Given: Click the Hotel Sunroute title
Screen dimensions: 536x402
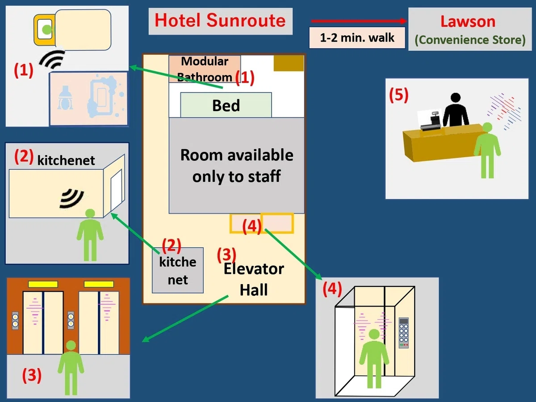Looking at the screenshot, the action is point(220,21).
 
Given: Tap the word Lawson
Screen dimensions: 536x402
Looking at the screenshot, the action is point(468,21).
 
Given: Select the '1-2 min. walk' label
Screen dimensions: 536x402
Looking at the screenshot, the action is point(357,38).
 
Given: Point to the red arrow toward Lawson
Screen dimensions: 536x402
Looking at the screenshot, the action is point(359,21).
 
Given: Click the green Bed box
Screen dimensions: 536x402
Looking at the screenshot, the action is point(226,105).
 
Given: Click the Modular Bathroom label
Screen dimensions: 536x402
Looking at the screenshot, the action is point(205,69).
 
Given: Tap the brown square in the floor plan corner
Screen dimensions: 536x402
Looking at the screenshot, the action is point(289,63).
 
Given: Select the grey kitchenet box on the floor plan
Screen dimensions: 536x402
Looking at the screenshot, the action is point(178,270).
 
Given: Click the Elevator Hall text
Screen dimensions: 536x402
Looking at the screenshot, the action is point(254,279).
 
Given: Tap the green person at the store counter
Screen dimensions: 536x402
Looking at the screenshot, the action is point(487,150).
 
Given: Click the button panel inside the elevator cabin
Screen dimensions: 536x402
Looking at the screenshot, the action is point(404,332).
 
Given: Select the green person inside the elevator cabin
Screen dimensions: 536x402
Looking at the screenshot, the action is point(374,358).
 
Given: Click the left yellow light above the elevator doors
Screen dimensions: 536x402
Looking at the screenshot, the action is point(43,285).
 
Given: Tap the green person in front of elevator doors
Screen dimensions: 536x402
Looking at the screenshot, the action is point(71,368).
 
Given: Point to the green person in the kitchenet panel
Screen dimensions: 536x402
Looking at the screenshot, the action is point(90,235).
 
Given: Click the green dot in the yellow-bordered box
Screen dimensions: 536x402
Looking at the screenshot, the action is point(46,30).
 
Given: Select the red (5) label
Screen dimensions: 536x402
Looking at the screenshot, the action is point(399,95).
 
